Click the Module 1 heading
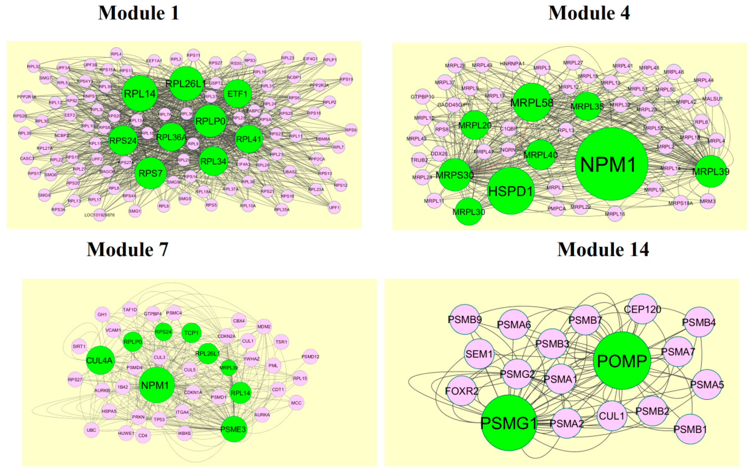pos(139,13)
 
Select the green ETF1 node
pos(237,94)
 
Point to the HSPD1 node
pos(510,191)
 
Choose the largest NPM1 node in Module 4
pos(611,164)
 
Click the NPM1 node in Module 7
pos(156,385)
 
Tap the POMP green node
pos(622,361)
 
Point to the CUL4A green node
pos(100,360)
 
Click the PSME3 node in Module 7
pos(234,429)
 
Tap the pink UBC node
pos(92,430)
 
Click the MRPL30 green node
pos(468,212)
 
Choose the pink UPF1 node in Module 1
pos(334,207)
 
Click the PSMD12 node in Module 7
pos(310,357)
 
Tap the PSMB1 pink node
pos(690,429)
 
